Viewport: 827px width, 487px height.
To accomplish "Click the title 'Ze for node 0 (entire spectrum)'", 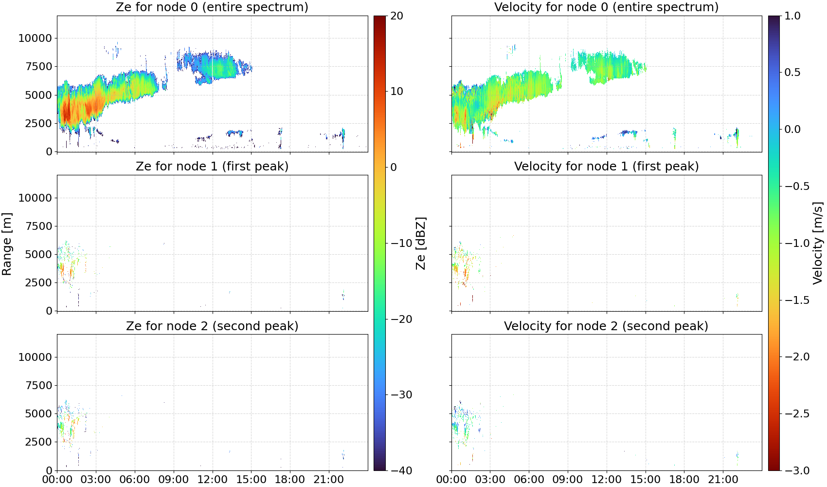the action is pyautogui.click(x=212, y=7).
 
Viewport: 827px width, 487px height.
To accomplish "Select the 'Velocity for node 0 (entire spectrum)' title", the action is pyautogui.click(x=606, y=7).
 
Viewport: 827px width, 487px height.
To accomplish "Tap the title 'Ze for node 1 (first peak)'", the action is pyautogui.click(x=212, y=166).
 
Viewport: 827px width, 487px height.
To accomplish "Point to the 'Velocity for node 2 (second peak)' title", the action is pyautogui.click(x=606, y=326).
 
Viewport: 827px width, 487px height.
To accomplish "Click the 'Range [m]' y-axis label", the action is pyautogui.click(x=7, y=243).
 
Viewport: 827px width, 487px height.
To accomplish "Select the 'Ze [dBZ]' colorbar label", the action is pyautogui.click(x=420, y=243).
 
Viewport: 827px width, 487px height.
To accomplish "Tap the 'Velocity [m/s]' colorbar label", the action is pyautogui.click(x=818, y=243).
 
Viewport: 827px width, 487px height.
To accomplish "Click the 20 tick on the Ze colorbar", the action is pyautogui.click(x=396, y=16).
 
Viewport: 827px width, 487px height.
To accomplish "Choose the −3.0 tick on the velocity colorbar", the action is pyautogui.click(x=794, y=470).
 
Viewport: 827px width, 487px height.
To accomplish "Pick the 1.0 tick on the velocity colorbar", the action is pyautogui.click(x=792, y=16).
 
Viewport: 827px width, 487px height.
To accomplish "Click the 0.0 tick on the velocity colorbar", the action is pyautogui.click(x=792, y=130).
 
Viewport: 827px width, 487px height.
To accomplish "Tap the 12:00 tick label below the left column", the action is pyautogui.click(x=213, y=480).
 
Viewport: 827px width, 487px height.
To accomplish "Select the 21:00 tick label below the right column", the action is pyautogui.click(x=723, y=480).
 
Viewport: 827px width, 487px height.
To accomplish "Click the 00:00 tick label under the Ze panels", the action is pyautogui.click(x=57, y=480).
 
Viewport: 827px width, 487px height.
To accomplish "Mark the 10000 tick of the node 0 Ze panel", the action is pyautogui.click(x=35, y=38).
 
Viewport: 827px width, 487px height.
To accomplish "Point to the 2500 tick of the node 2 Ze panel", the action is pyautogui.click(x=38, y=442).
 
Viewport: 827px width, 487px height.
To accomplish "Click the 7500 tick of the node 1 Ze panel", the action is pyautogui.click(x=38, y=226).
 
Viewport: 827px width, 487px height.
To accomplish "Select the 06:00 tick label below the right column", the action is pyautogui.click(x=529, y=480).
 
